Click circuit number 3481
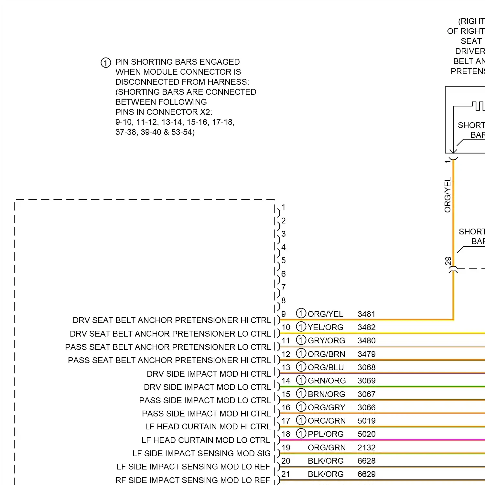pos(366,314)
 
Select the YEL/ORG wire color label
pos(325,327)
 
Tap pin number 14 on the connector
pos(286,381)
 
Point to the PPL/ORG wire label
pos(326,434)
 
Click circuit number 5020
pos(366,434)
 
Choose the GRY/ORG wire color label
pos(326,340)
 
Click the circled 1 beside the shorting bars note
pos(106,62)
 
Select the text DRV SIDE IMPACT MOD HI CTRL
pos(209,374)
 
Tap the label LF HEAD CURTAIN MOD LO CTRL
pos(206,440)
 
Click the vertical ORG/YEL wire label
pos(447,195)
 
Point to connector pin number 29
pos(448,261)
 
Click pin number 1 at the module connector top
pos(283,207)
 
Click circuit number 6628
pos(366,461)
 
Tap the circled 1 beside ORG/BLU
pos(301,367)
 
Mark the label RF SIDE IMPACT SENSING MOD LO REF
pos(193,480)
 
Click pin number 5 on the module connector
pos(283,260)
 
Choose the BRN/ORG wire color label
pos(326,394)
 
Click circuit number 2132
pos(366,447)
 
